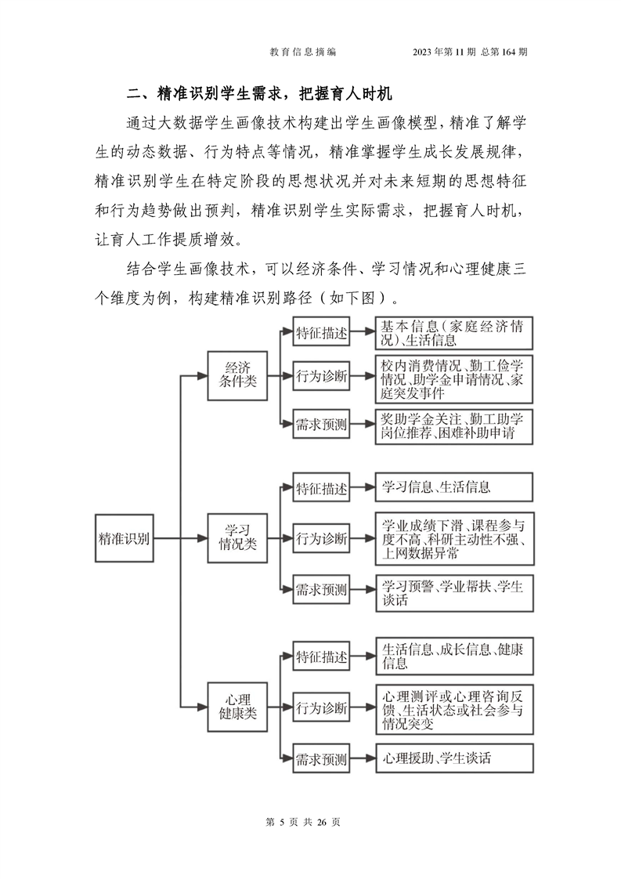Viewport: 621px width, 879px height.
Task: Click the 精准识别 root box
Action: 124,538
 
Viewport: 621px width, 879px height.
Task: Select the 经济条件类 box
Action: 237,375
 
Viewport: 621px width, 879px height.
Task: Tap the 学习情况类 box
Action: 237,538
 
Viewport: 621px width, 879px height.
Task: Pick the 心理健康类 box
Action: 237,707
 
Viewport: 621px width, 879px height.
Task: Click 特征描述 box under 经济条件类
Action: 321,333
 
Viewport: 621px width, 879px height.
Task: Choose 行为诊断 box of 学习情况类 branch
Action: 321,538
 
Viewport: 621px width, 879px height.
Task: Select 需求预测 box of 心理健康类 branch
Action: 321,759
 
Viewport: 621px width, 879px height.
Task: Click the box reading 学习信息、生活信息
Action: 453,487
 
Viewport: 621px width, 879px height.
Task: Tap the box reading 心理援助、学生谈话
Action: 453,758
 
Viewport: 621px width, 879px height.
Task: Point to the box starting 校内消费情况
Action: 453,379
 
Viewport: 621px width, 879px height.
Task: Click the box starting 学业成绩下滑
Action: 453,539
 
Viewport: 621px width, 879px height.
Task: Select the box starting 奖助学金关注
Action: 453,427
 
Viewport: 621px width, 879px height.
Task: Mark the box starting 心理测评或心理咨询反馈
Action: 453,710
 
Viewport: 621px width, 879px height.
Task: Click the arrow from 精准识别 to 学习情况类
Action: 180,538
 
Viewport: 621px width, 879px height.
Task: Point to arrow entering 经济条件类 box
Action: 194,375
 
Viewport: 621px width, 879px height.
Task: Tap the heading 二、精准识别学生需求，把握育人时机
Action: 259,93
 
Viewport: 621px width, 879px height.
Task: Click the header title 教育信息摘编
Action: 302,52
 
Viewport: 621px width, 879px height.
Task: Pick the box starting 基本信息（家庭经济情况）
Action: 453,333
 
